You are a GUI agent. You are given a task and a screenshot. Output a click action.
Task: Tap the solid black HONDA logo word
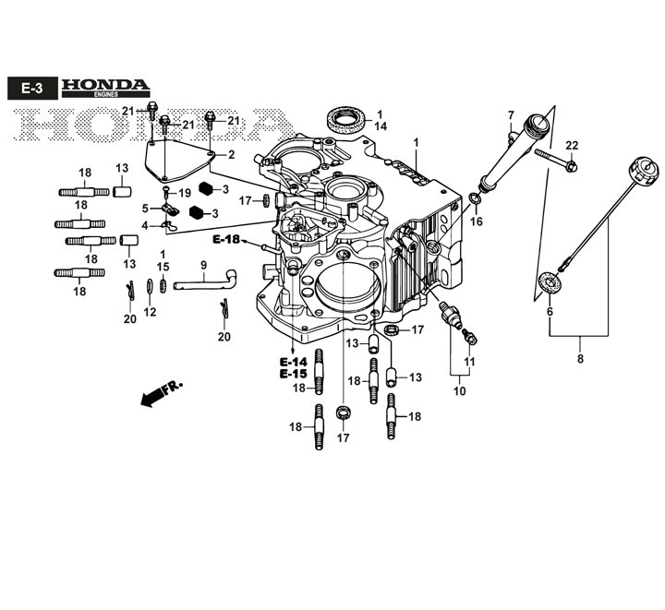click(104, 85)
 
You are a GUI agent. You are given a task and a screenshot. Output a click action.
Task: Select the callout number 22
click(572, 145)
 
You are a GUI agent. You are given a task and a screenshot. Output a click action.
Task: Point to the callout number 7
click(509, 115)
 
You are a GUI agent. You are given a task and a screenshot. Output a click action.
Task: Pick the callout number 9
click(203, 265)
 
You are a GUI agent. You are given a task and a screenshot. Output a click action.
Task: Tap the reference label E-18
click(225, 240)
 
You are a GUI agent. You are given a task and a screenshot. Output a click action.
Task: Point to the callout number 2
click(231, 154)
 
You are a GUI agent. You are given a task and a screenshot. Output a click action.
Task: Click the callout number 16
click(477, 221)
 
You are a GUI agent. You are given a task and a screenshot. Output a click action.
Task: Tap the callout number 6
click(550, 312)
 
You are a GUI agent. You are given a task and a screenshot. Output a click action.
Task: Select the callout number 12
click(150, 312)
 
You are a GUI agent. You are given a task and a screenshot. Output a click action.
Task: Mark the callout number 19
click(185, 193)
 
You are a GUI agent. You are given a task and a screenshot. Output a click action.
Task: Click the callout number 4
click(145, 225)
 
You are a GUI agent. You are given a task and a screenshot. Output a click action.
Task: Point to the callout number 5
click(145, 209)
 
